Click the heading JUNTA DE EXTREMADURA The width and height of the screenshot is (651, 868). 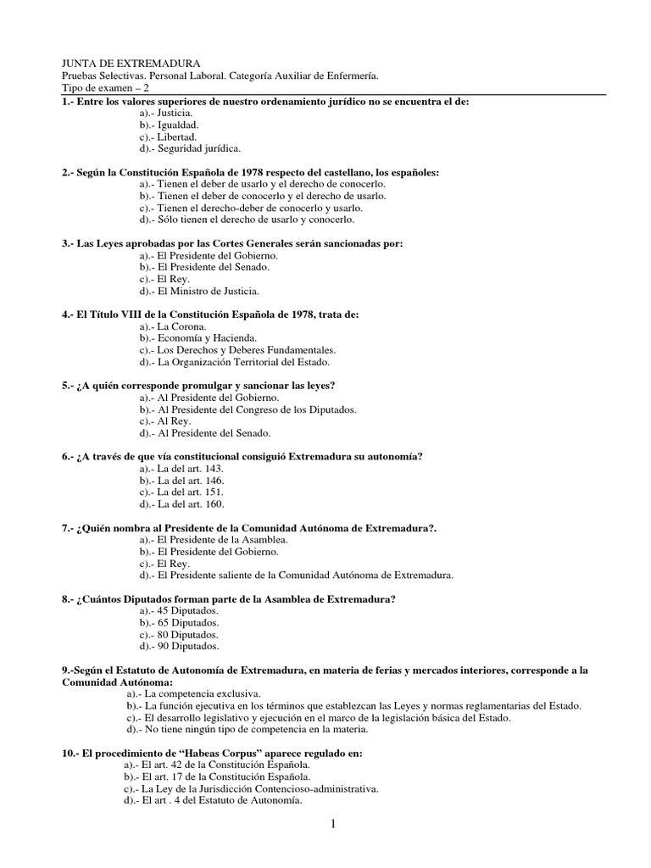[x=131, y=64]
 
